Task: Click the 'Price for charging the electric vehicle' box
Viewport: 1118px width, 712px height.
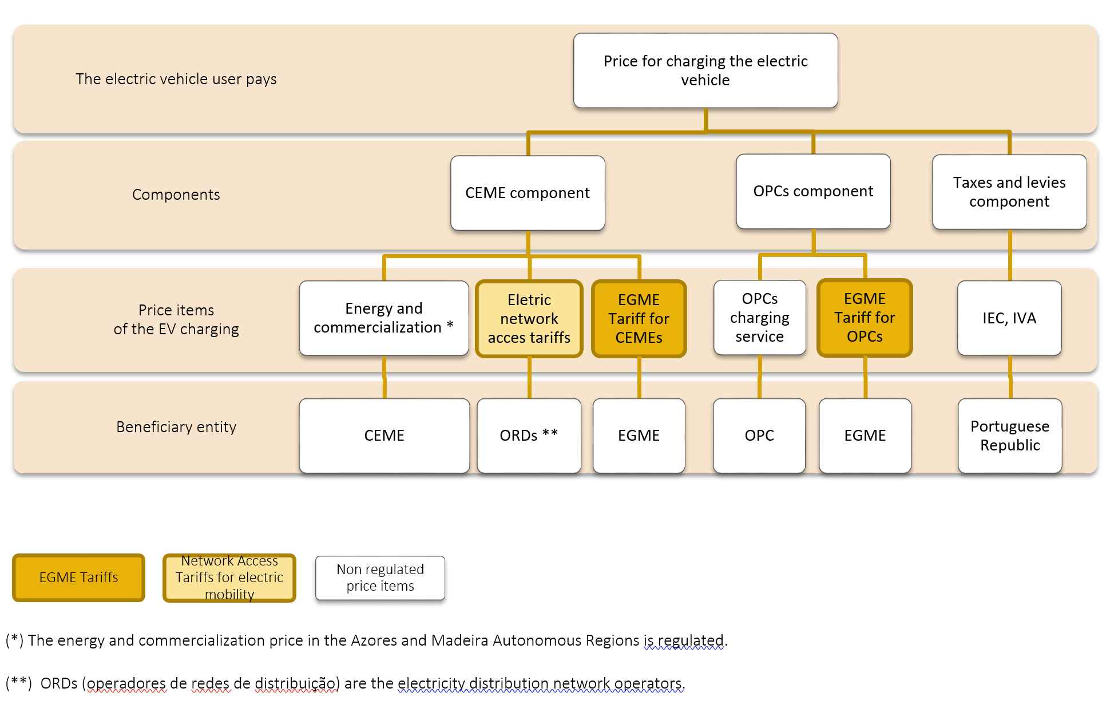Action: (705, 70)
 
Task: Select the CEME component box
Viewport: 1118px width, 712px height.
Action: (528, 193)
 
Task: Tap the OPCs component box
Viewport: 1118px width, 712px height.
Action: (813, 191)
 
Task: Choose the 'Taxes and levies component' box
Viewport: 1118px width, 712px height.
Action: (1009, 192)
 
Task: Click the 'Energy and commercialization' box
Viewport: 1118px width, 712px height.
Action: (384, 318)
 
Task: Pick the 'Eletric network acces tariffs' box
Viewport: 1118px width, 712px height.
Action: (529, 318)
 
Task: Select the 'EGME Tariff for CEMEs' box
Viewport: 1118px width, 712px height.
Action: (639, 318)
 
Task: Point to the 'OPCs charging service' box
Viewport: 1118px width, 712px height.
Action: (760, 318)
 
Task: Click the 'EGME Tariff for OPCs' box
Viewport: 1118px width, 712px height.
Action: (865, 318)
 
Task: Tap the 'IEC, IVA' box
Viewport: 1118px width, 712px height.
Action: (1009, 318)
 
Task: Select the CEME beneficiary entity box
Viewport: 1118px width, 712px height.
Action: (384, 436)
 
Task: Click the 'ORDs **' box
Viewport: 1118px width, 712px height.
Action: (529, 436)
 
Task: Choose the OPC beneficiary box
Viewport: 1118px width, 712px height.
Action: (759, 436)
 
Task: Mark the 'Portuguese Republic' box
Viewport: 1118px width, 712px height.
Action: (1010, 436)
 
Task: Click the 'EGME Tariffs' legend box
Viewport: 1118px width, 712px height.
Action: (78, 577)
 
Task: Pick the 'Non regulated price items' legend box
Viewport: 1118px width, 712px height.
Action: (380, 578)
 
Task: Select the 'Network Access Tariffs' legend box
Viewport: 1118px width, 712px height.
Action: (229, 577)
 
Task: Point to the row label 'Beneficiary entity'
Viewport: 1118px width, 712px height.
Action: (176, 427)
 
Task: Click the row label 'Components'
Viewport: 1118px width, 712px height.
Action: (176, 195)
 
